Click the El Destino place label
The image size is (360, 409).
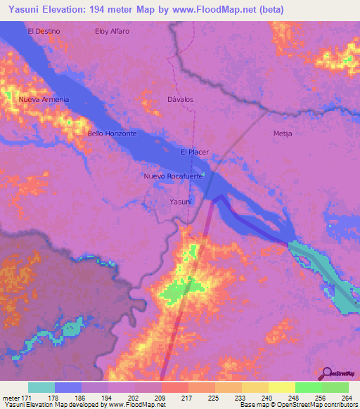44,31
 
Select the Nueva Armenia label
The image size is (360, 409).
44,99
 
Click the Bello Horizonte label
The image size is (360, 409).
112,133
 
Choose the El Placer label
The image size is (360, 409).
194,152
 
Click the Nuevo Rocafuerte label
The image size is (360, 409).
173,176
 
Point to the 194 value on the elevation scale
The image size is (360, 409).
107,397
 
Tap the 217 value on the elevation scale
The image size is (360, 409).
187,397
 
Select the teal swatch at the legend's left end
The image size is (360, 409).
41,387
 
